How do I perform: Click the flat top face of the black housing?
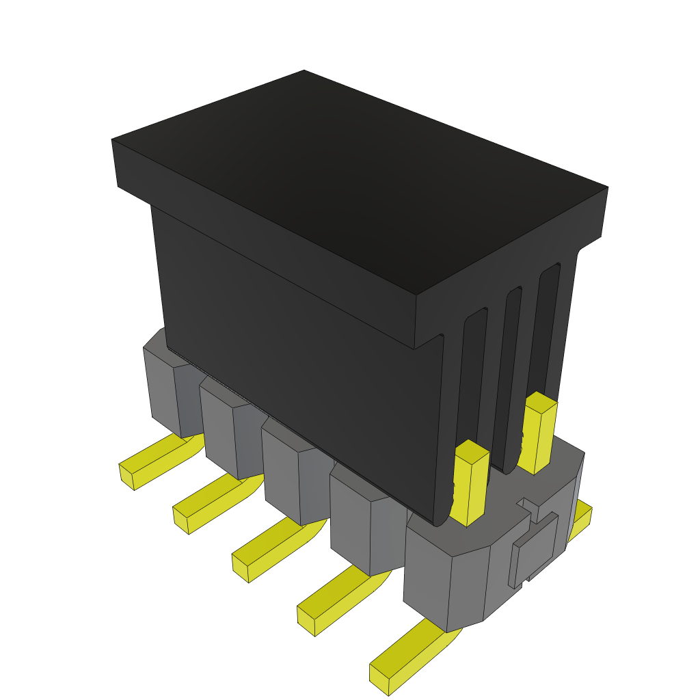point(355,178)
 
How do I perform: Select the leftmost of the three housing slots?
point(474,383)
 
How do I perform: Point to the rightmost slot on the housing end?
point(548,328)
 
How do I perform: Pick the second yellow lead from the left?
point(208,506)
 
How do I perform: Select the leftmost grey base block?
point(164,390)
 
